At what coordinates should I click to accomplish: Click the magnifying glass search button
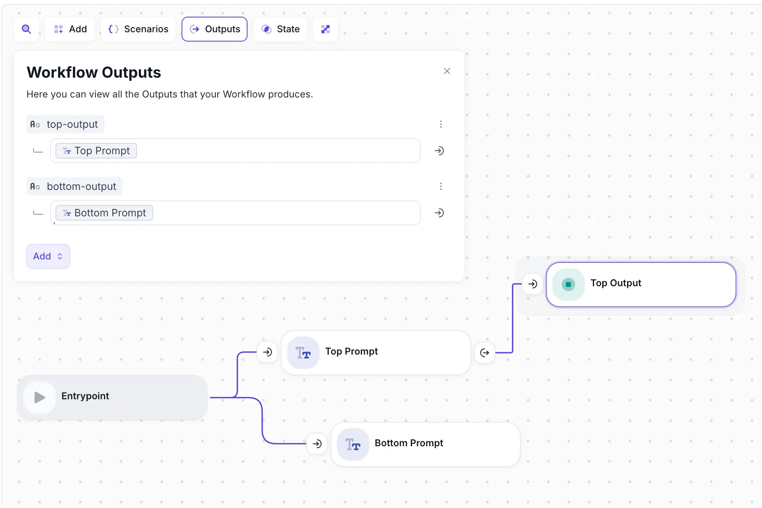click(x=26, y=29)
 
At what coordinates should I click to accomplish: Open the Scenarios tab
click(x=139, y=29)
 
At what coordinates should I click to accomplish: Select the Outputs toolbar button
click(x=215, y=29)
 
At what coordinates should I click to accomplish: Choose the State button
click(x=281, y=29)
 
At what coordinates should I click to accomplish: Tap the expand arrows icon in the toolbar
click(x=326, y=29)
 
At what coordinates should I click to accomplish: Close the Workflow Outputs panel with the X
click(x=447, y=71)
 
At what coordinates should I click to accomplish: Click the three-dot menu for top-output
click(x=441, y=124)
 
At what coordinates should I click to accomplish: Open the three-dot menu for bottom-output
click(x=441, y=186)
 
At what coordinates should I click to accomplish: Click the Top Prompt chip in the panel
click(x=96, y=151)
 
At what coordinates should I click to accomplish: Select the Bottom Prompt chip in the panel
click(x=104, y=213)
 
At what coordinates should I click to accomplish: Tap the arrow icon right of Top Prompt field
click(x=439, y=151)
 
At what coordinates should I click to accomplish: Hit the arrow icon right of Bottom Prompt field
click(x=439, y=213)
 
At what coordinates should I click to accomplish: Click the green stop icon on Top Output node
click(x=568, y=284)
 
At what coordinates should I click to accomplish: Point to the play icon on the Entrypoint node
click(x=40, y=397)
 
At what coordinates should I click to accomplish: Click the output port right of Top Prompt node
click(x=485, y=353)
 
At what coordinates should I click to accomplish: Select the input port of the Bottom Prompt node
click(x=317, y=444)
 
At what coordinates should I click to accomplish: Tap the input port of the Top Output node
click(x=533, y=284)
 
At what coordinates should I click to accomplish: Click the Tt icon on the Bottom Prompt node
click(x=353, y=444)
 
